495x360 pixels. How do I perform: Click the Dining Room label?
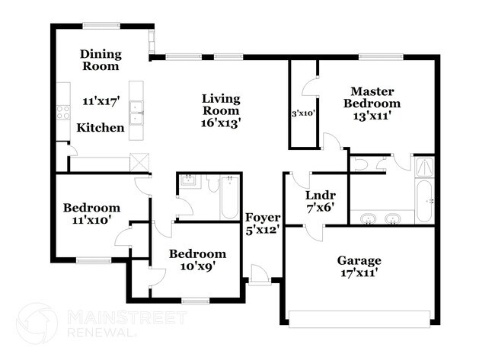click(101, 59)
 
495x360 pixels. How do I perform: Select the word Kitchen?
click(101, 128)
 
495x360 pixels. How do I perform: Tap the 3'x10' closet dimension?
click(304, 113)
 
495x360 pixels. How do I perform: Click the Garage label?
click(359, 260)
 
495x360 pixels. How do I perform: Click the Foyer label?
click(262, 217)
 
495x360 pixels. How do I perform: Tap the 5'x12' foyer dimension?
click(262, 228)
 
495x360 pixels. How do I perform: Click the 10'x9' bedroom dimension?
click(197, 266)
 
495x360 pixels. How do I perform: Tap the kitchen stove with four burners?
click(62, 113)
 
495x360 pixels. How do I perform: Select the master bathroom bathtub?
click(423, 199)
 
